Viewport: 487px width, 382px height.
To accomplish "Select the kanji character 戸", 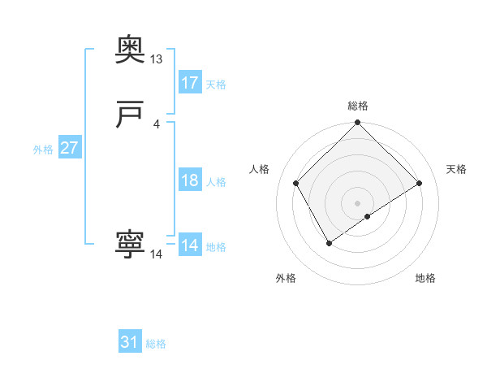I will coord(130,115).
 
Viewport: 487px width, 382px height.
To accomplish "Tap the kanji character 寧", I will coord(130,245).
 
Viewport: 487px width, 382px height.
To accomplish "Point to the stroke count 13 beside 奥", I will coord(157,59).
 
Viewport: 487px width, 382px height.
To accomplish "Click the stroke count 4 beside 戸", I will coord(157,124).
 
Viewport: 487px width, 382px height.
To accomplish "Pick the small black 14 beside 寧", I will coord(157,254).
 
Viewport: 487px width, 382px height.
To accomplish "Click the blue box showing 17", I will coord(190,83).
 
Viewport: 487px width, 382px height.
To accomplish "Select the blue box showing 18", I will coord(190,181).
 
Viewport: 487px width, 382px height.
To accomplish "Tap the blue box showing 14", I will coord(190,245).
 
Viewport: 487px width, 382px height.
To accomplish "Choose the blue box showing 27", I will coord(69,149).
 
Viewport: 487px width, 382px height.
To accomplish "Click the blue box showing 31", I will coord(130,343).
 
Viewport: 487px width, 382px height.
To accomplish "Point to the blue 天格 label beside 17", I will coord(216,85).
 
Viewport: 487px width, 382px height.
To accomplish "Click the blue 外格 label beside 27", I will coord(42,150).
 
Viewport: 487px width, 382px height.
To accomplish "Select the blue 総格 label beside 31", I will coord(156,344).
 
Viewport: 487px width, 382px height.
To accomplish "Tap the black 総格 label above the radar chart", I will coord(358,106).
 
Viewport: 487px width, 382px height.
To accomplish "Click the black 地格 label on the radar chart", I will coord(425,279).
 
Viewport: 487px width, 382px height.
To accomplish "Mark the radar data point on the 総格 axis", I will coord(358,124).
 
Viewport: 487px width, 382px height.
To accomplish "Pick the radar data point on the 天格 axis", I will coord(420,183).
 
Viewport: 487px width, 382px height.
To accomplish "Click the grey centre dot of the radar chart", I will coord(358,202).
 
